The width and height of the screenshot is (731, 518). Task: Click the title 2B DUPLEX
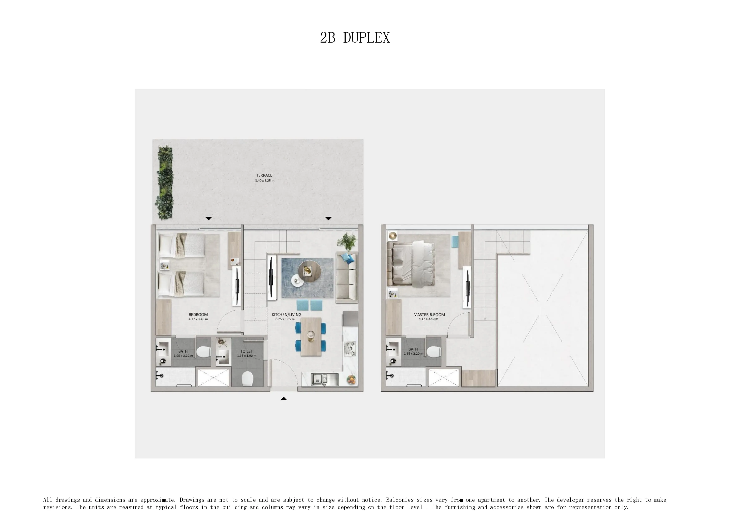(355, 38)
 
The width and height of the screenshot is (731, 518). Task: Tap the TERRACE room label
(264, 175)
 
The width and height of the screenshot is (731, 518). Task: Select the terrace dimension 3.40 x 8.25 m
(264, 181)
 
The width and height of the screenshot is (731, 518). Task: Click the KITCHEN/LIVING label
(286, 315)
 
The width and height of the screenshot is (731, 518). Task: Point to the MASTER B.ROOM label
(429, 315)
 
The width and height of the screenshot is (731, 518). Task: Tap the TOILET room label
(247, 351)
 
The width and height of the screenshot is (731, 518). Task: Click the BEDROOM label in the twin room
(198, 315)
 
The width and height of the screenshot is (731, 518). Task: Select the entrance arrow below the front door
(283, 398)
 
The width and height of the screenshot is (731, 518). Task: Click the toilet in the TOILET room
(247, 379)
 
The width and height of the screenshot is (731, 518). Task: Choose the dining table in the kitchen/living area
(311, 336)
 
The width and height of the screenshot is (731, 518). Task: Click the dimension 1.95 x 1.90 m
(247, 356)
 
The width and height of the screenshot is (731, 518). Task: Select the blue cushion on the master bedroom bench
(455, 241)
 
